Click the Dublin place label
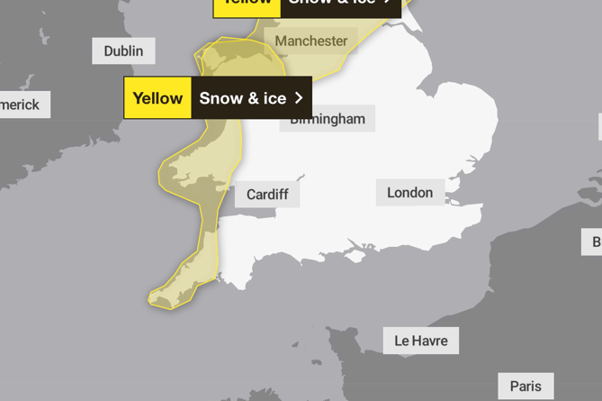tap(123, 50)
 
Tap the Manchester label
tap(311, 41)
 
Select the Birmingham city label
tap(327, 119)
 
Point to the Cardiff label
tap(267, 195)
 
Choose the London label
tap(409, 192)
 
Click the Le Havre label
tap(421, 341)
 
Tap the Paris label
tap(526, 386)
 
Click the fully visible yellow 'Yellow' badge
tap(157, 98)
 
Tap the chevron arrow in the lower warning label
tap(299, 98)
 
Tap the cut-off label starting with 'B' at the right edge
tap(594, 241)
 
